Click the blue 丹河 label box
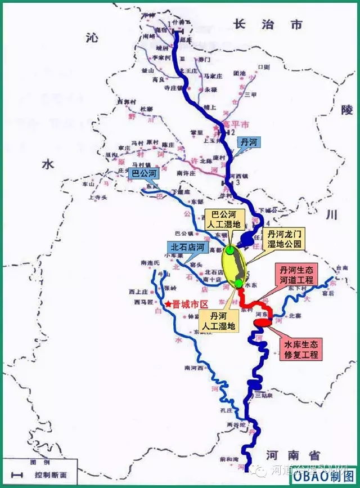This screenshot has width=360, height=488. tap(249, 142)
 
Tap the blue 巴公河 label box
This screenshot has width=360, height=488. tap(143, 173)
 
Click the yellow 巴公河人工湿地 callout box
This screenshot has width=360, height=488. tap(224, 220)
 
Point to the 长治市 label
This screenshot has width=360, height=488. tap(268, 25)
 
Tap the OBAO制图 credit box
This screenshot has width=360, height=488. tap(322, 476)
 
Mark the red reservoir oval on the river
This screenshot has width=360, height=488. tap(263, 322)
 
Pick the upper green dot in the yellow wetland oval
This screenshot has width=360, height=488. tap(230, 250)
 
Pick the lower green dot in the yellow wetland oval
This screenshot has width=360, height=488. tap(238, 283)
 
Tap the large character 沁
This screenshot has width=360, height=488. tap(92, 37)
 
